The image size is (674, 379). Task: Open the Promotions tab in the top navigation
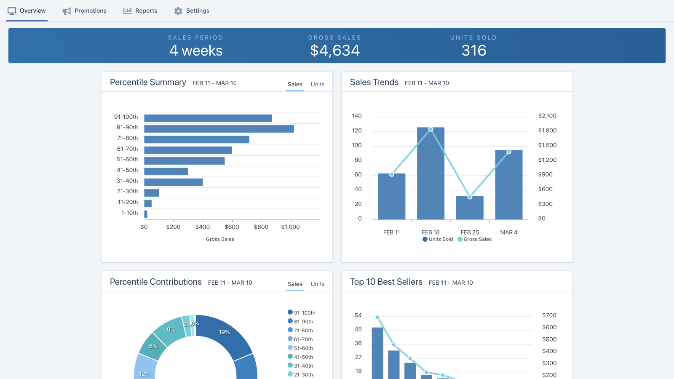tap(85, 11)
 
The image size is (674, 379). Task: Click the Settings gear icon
tap(178, 11)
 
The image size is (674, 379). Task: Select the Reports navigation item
tap(140, 11)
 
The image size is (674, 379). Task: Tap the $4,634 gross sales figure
tap(335, 51)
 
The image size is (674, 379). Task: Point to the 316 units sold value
tap(474, 51)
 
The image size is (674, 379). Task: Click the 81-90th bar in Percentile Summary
tap(219, 129)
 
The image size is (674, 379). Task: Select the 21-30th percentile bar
tap(152, 193)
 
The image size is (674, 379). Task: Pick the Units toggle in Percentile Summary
tap(318, 84)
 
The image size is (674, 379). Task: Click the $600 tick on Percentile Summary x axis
tap(232, 227)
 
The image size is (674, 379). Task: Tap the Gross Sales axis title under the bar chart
tap(220, 239)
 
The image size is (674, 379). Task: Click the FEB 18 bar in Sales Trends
tap(431, 177)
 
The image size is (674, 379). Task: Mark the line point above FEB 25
tap(470, 197)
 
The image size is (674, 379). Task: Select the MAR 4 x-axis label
tap(508, 232)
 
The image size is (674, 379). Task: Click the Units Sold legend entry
tap(438, 239)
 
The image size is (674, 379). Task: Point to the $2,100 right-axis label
tap(547, 116)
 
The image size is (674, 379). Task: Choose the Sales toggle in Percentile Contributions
tap(295, 284)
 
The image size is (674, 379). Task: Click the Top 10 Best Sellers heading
tap(386, 282)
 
